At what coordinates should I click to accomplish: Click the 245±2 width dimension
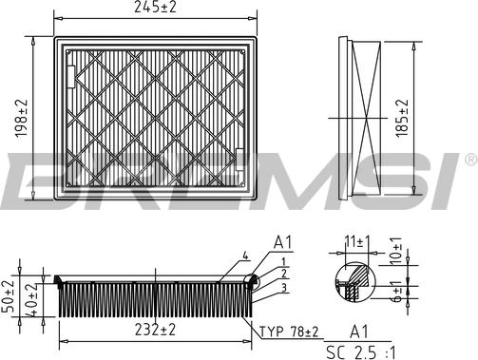tap(155, 7)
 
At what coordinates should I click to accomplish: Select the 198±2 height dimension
tap(22, 119)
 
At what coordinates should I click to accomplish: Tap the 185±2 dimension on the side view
tap(402, 118)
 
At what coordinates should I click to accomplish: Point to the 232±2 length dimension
tap(155, 330)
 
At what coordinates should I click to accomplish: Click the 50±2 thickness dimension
tap(8, 296)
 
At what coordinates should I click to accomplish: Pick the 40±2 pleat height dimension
tap(30, 299)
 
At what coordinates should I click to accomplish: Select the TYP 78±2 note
tap(289, 332)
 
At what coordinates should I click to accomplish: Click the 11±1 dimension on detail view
tap(357, 242)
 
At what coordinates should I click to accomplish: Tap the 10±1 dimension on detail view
tap(395, 251)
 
